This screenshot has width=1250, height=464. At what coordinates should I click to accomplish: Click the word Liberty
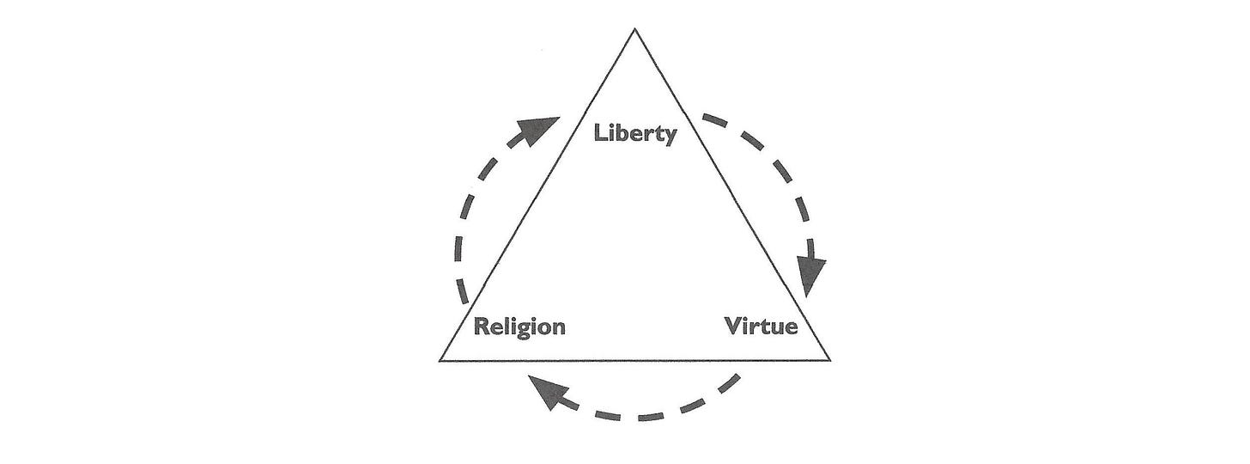pos(636,134)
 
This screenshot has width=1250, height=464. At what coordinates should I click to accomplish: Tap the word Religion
pos(519,327)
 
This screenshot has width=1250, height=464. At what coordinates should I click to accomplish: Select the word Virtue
pos(761,327)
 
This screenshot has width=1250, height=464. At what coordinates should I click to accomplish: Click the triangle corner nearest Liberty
pos(634,31)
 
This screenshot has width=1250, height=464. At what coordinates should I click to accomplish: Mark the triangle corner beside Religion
pos(442,360)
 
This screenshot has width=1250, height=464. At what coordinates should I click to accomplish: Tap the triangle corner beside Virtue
pos(828,359)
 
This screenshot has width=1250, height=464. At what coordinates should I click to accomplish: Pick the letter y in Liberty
pos(670,137)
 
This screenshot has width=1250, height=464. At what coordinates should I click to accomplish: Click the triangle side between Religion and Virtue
pos(635,360)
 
